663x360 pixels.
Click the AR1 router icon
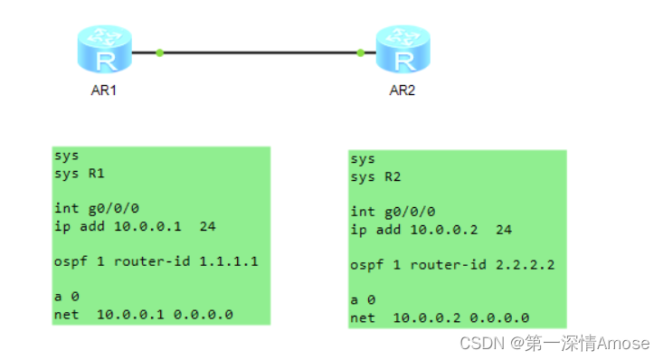click(105, 51)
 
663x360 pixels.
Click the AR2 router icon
click(402, 51)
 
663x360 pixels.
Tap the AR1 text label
click(105, 90)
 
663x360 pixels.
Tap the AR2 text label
click(402, 90)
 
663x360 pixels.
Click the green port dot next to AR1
click(159, 52)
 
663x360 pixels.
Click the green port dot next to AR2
click(361, 52)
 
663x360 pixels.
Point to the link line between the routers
click(260, 52)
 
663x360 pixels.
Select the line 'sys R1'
click(81, 173)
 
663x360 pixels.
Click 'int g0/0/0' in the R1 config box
click(96, 208)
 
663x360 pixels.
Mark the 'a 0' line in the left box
click(66, 297)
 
